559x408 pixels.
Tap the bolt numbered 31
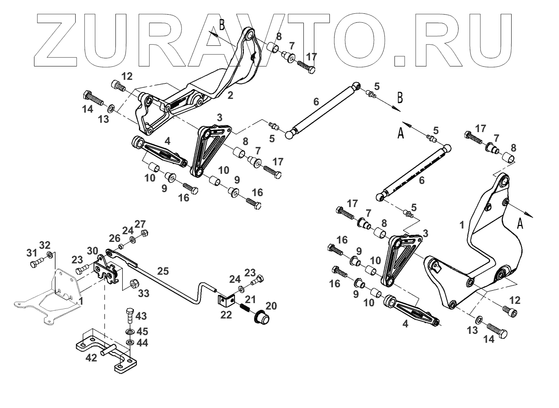(x=34, y=264)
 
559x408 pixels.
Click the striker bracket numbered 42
(x=103, y=351)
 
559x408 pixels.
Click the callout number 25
(x=163, y=271)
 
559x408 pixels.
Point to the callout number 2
(x=230, y=96)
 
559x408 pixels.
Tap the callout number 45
(x=142, y=331)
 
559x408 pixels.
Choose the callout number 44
(x=142, y=343)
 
